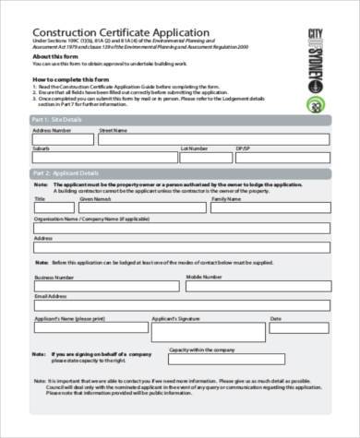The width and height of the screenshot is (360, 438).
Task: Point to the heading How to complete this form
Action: click(x=71, y=79)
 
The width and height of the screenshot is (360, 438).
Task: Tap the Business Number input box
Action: click(x=107, y=284)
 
